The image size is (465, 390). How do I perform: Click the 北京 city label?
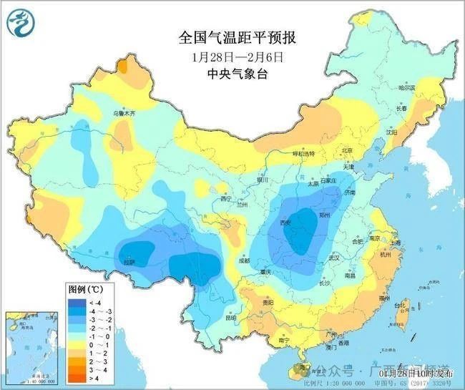[x=347, y=151]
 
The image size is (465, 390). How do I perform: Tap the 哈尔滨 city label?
[x=406, y=88]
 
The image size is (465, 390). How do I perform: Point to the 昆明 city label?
[x=230, y=317]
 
